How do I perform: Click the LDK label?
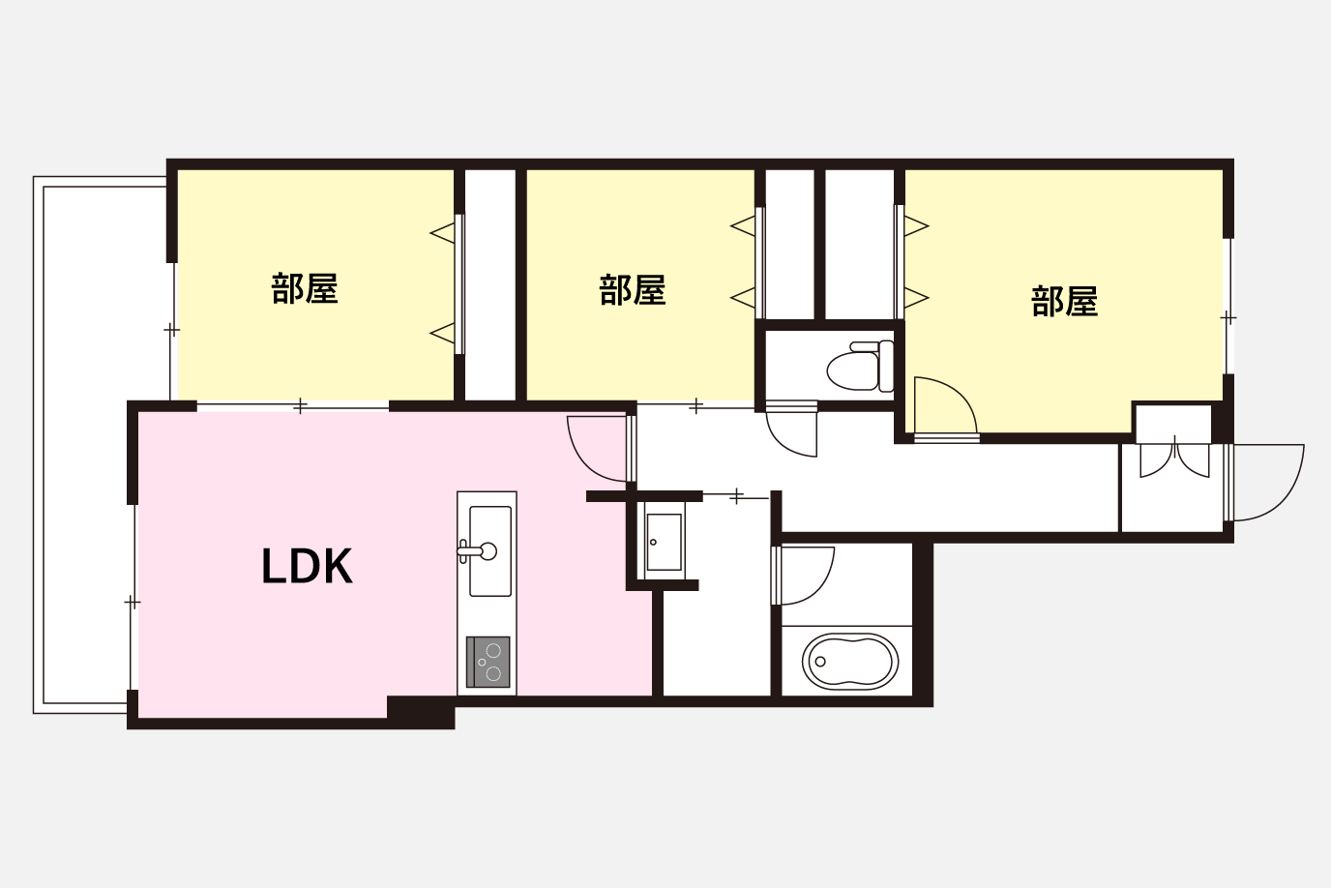click(308, 567)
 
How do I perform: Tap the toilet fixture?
click(860, 366)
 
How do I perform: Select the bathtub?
click(849, 662)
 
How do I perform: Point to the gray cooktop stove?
click(488, 662)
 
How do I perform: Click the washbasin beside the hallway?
click(664, 542)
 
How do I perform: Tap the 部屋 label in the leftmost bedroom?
click(305, 289)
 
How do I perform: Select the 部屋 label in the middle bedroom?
click(633, 289)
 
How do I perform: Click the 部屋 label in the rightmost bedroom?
click(1064, 301)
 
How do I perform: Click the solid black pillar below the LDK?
click(421, 712)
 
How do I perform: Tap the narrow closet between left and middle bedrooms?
click(489, 284)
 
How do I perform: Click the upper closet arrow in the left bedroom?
click(442, 233)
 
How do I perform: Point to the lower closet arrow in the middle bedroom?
click(743, 298)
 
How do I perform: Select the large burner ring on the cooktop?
click(493, 674)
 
